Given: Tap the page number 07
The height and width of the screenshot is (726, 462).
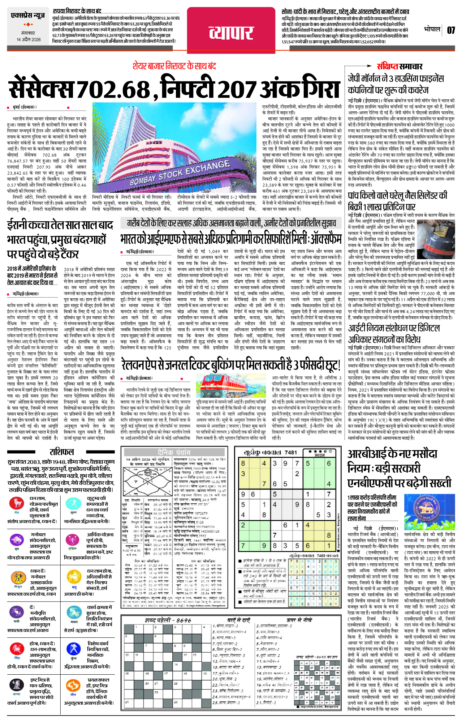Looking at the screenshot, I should (x=451, y=30).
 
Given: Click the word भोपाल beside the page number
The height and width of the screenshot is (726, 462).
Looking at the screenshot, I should (x=432, y=29).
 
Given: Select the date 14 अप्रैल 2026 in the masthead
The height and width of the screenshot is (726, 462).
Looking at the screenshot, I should (x=29, y=40).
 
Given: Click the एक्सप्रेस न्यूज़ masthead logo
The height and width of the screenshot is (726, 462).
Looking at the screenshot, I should (x=28, y=16).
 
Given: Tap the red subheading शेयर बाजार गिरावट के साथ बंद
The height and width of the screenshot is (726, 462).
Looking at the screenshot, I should (x=174, y=66).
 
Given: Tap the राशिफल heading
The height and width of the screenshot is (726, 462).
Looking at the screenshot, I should (x=62, y=452).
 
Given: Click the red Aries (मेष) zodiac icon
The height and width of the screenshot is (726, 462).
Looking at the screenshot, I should (x=16, y=503).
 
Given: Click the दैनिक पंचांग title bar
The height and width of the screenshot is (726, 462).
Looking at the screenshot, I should (x=173, y=452).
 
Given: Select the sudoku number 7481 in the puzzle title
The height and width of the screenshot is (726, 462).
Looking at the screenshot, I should (x=290, y=452).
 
